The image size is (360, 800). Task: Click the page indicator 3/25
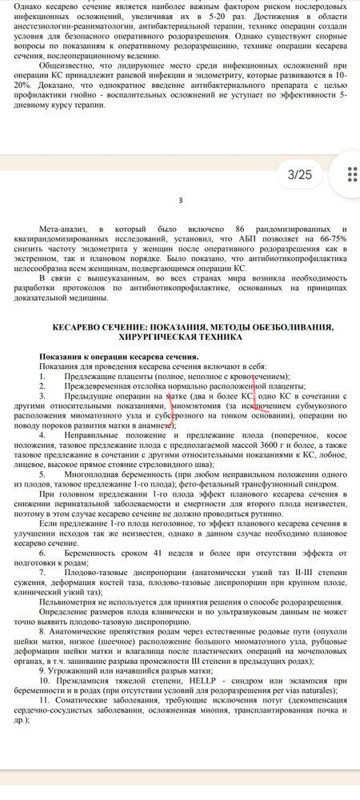click(x=304, y=174)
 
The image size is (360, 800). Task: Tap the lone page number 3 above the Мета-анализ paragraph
click(x=181, y=200)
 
